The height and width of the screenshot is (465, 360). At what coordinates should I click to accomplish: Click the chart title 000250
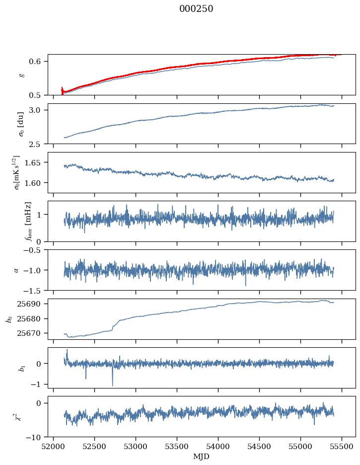click(196, 9)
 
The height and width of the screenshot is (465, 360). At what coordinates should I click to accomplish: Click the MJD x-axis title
click(201, 456)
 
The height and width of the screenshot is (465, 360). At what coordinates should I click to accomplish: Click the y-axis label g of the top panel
click(21, 75)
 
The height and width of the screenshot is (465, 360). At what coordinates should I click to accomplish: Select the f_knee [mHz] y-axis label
click(28, 221)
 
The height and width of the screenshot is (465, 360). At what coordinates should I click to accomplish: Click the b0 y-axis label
click(8, 318)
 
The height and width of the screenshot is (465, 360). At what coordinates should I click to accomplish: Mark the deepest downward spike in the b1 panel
click(112, 385)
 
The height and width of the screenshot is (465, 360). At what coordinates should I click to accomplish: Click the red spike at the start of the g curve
click(62, 89)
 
